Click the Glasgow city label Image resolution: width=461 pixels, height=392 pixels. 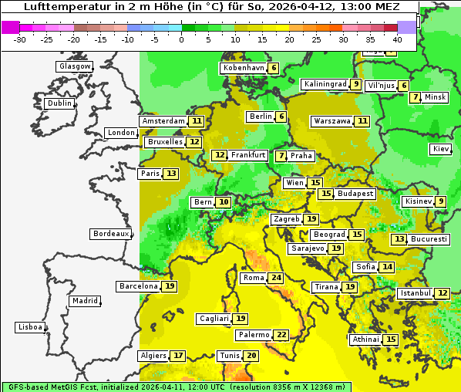pos(74,66)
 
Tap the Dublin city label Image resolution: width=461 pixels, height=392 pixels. pos(59,103)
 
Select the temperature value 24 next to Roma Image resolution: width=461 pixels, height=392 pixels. pos(276,278)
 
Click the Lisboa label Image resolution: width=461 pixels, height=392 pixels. pos(30,327)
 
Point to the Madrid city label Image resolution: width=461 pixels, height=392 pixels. pos(84,301)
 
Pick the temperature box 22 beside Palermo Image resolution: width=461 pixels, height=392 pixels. pos(281,335)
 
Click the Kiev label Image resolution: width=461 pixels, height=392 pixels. pos(441,149)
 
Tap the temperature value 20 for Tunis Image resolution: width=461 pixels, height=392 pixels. pos(251,356)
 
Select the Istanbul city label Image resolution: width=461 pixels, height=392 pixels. pos(415,293)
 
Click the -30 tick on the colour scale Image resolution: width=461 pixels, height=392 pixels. pos(20,39)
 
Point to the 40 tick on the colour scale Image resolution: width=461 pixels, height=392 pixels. pos(397,39)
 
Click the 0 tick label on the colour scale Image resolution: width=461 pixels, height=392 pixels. pos(182,39)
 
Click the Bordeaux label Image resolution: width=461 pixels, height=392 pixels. pos(111,234)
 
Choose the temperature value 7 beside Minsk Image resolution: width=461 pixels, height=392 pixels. pos(416,97)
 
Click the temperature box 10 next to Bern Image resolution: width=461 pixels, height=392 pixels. pos(224,202)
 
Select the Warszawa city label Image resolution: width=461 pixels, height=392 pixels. pos(331,121)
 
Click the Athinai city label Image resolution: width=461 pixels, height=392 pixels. pos(365,340)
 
